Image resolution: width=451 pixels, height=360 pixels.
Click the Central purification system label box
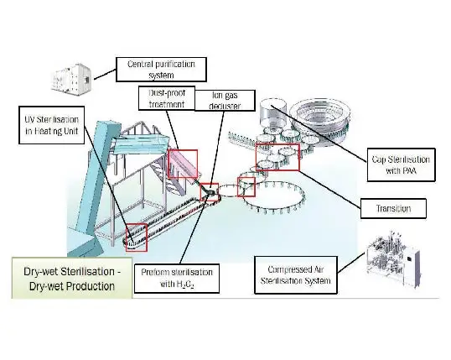click(161, 70)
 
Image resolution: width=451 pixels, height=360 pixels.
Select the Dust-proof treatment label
click(167, 98)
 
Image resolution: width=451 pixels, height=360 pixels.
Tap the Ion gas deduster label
click(225, 100)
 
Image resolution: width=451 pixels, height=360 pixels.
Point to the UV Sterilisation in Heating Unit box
click(51, 125)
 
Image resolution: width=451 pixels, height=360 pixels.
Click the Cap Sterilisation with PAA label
click(401, 164)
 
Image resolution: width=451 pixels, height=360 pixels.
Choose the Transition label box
click(393, 208)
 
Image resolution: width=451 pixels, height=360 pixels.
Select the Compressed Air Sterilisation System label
click(296, 275)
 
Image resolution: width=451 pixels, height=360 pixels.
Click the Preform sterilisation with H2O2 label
click(177, 279)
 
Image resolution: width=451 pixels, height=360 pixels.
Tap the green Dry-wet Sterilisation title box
click(72, 279)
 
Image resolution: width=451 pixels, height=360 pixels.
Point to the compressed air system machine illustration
click(393, 257)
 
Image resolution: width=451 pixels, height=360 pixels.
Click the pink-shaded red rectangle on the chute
click(183, 164)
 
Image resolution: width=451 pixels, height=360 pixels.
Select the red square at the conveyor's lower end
click(137, 237)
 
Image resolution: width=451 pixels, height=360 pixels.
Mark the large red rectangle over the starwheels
click(277, 157)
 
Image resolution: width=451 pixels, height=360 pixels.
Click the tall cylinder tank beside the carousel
click(273, 113)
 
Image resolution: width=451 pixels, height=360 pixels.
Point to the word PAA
click(411, 171)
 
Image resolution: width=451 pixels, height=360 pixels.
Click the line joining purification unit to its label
click(105, 74)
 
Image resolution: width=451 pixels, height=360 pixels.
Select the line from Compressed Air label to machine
click(351, 263)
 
